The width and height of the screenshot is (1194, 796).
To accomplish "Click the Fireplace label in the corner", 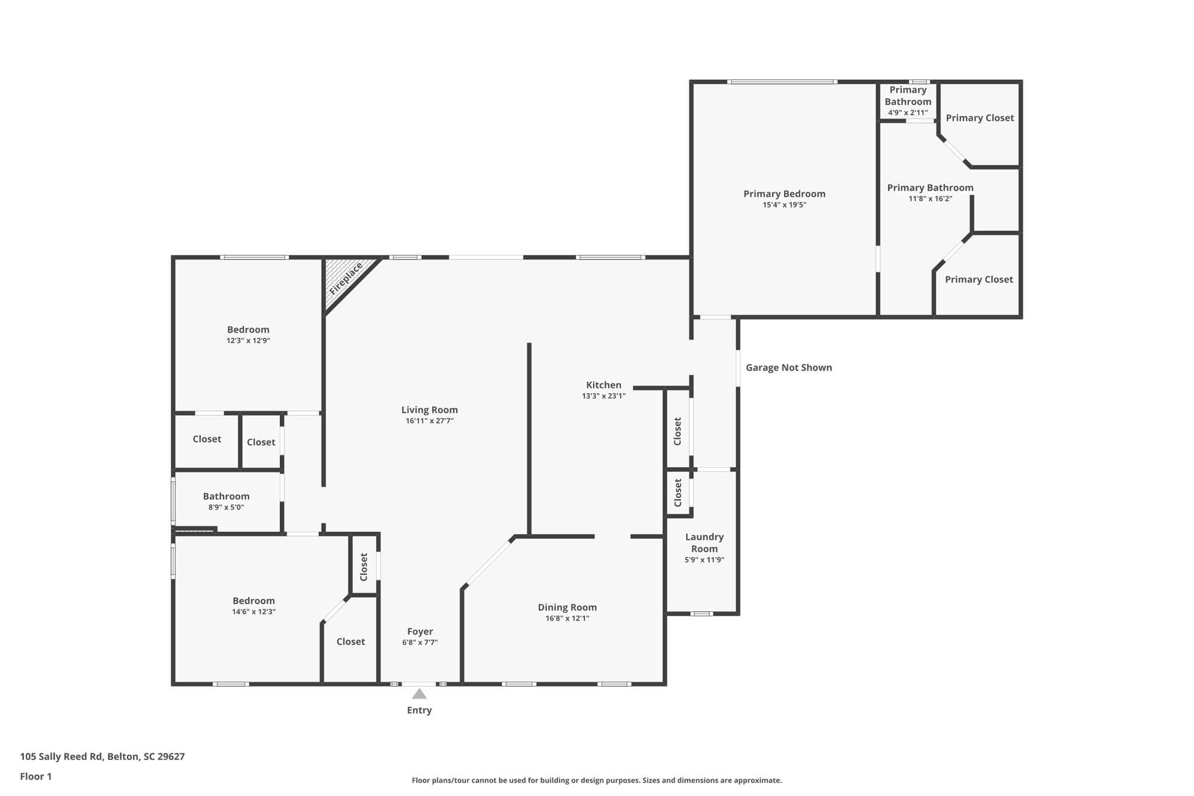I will click(346, 279).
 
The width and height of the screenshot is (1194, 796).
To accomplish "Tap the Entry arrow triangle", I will click(419, 693).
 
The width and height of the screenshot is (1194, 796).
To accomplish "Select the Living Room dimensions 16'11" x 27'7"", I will click(429, 421).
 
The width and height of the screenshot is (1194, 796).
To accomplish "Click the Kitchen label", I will click(603, 385).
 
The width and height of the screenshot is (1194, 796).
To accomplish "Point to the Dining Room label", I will click(567, 607).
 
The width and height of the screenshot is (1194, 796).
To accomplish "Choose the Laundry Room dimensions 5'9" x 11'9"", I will click(704, 560).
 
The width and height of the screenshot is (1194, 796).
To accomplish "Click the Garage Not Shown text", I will click(788, 367).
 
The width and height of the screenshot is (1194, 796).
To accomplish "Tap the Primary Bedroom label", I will click(784, 194).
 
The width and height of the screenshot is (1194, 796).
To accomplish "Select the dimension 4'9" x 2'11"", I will click(907, 113).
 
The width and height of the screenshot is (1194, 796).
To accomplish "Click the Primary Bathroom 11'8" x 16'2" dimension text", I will click(930, 199).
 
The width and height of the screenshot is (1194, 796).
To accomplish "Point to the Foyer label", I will click(420, 632).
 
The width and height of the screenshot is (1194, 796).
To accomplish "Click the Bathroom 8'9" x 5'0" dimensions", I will click(226, 507).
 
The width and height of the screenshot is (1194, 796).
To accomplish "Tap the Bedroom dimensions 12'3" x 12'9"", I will click(248, 341).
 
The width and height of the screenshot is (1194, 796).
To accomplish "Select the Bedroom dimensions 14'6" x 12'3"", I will click(253, 612).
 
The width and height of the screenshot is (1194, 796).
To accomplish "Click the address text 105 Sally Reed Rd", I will click(102, 756).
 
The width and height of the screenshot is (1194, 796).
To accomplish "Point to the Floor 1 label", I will click(36, 776).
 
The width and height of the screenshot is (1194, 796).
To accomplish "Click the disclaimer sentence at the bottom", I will click(596, 780).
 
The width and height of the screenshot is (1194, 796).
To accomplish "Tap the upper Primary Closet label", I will click(979, 118).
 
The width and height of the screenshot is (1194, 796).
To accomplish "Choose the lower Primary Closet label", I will click(978, 279).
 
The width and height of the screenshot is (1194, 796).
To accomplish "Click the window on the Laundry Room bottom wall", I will click(701, 613).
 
